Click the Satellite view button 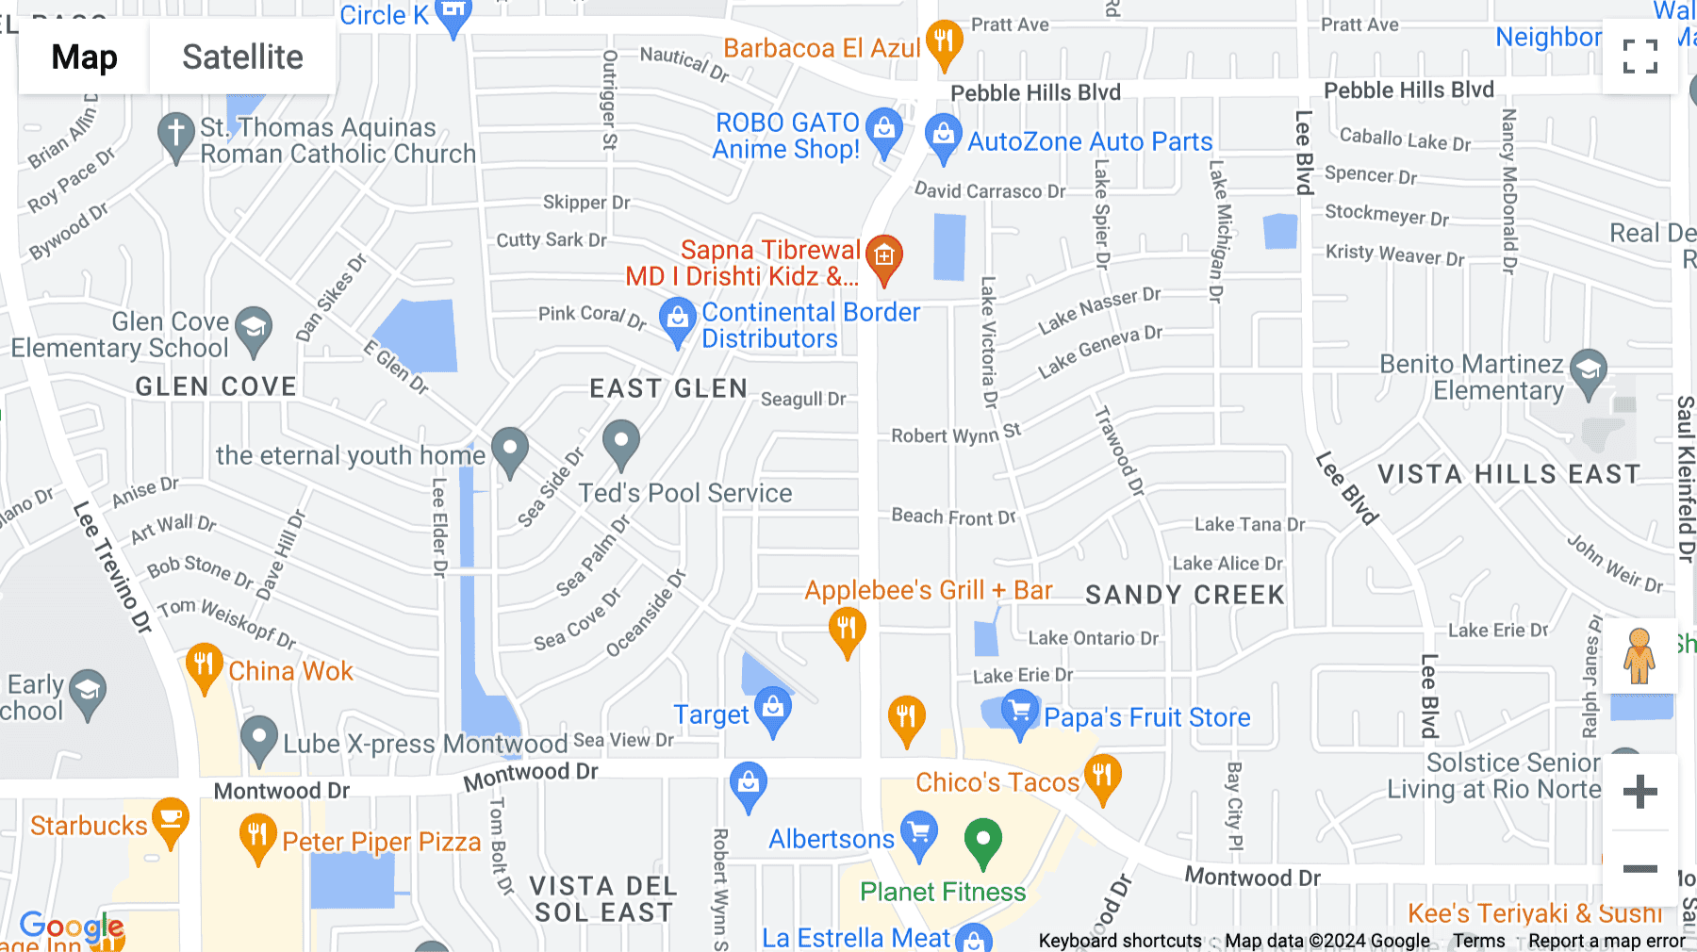242,57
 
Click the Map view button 84,57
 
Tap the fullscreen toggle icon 1639,57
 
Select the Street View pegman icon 1639,655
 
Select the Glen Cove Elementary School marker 253,329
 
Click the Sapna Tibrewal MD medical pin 883,256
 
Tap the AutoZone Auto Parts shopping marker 943,136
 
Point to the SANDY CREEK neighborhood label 1184,595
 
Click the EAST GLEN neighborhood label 668,388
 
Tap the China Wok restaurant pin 204,665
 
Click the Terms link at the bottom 1478,941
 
